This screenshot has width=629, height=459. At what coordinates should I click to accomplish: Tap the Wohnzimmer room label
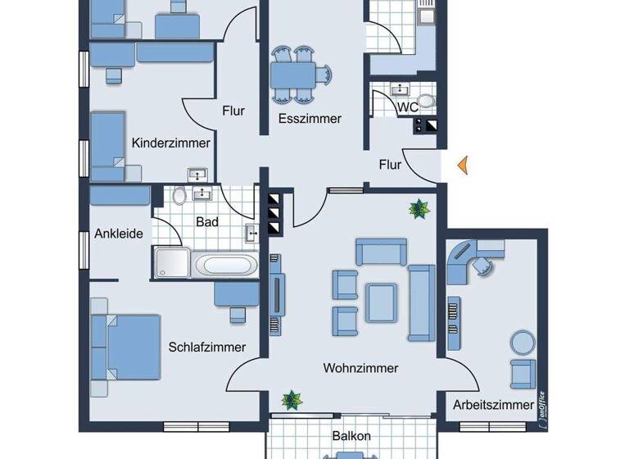[x=360, y=368]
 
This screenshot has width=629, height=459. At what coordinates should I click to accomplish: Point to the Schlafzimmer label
[x=207, y=347]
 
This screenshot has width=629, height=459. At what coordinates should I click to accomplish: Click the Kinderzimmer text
[x=171, y=143]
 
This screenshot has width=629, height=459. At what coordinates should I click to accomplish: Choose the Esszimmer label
[x=310, y=118]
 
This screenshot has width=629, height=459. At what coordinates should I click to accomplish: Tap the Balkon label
[x=352, y=436]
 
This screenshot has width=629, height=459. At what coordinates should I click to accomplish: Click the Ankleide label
[x=119, y=234]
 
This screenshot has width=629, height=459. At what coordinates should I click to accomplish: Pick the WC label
[x=408, y=107]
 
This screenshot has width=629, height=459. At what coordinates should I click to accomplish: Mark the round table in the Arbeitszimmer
[x=521, y=339]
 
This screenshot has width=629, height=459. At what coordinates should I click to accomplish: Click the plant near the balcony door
[x=291, y=400]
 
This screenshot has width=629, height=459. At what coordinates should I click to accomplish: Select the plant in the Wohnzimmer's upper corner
[x=419, y=210]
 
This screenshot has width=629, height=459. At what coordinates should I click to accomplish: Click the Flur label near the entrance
[x=390, y=165]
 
